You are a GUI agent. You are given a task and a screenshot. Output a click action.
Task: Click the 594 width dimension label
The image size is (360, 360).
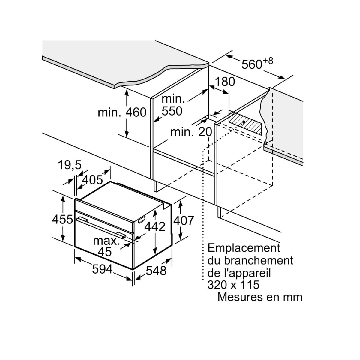click(102, 269)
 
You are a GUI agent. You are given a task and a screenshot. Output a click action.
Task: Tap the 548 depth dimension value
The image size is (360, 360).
click(156, 271)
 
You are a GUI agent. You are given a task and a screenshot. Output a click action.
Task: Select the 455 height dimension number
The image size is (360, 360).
click(62, 219)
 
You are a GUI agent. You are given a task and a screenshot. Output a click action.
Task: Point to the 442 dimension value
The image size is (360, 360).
click(155, 226)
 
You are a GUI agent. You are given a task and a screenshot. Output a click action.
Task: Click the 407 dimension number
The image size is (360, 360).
click(184, 220)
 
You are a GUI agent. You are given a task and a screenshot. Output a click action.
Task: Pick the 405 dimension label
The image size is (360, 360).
click(92, 180)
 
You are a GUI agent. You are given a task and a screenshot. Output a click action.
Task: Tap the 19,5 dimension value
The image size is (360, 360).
click(70, 165)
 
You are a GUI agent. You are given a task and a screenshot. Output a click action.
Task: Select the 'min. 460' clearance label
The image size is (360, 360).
click(122, 112)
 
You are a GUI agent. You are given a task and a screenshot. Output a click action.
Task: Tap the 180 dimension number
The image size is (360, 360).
click(225, 82)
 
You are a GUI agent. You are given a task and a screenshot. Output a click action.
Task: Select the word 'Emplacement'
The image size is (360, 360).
click(244, 248)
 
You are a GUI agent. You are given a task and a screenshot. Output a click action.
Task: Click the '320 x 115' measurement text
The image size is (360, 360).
click(233, 284)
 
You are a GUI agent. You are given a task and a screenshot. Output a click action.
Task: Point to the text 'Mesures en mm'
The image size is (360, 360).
click(260, 297)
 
